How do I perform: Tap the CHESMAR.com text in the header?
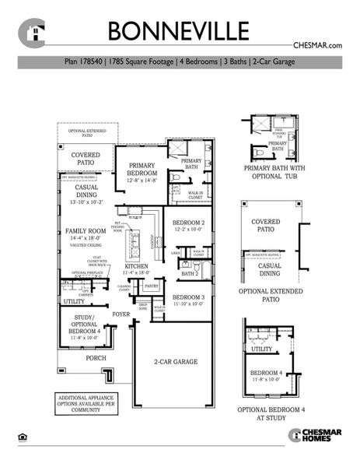click(317, 47)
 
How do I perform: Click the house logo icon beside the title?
click(33, 33)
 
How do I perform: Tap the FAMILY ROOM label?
click(86, 232)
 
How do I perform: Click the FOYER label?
click(121, 314)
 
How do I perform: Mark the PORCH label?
click(96, 358)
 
